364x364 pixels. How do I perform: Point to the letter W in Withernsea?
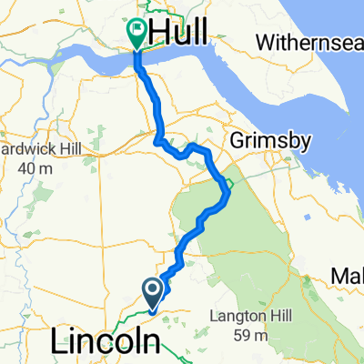point(265,42)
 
